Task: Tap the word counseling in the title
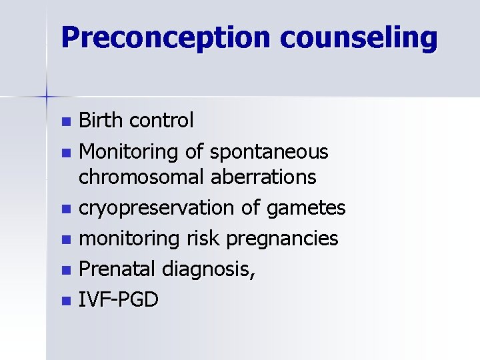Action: (x=359, y=38)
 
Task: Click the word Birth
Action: (x=101, y=121)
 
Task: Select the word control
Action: (x=161, y=121)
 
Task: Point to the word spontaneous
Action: (x=269, y=152)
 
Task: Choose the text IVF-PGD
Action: (x=119, y=299)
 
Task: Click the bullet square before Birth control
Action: (x=65, y=122)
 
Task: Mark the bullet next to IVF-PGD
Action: (x=65, y=301)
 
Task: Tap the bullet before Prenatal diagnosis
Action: (x=65, y=271)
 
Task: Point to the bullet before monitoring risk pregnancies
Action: (x=65, y=240)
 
